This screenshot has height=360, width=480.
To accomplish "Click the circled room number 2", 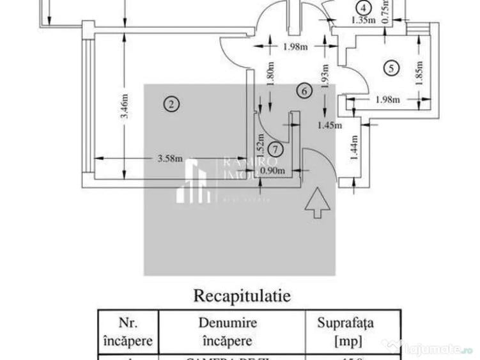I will pos(170,102).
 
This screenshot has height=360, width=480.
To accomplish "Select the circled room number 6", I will pos(304,91).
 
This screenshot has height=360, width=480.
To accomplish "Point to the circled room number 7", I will pos(275,149).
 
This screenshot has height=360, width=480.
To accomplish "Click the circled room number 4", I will pos(363,8).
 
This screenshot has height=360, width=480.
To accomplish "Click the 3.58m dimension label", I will pos(170,159).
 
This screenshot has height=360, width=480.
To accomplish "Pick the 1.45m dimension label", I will pos(329,126).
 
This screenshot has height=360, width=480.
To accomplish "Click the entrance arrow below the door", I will pos(318,205).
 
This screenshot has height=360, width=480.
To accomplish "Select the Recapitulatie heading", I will pos(242,296).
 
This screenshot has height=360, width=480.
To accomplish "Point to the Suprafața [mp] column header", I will pos(346,331).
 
